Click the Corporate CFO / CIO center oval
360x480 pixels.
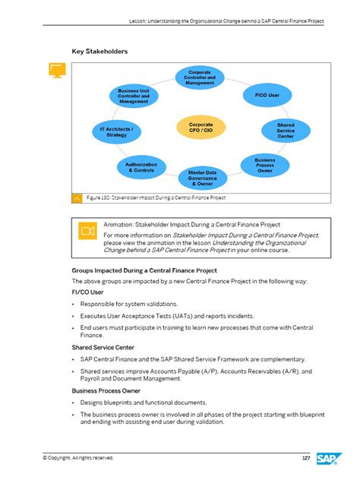click(x=201, y=128)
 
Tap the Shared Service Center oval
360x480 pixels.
click(x=286, y=131)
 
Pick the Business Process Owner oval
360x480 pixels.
click(x=264, y=165)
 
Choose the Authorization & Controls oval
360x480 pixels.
click(x=141, y=167)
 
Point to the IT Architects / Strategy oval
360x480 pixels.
click(x=116, y=132)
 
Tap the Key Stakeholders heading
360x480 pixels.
click(x=99, y=52)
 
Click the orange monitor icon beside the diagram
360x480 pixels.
click(x=55, y=71)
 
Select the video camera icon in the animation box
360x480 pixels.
click(x=87, y=230)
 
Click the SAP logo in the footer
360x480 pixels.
click(x=328, y=458)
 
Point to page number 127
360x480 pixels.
click(x=305, y=458)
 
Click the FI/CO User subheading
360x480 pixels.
click(x=87, y=292)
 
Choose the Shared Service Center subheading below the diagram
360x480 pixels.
click(x=103, y=347)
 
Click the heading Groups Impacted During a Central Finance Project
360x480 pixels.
click(x=144, y=270)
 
